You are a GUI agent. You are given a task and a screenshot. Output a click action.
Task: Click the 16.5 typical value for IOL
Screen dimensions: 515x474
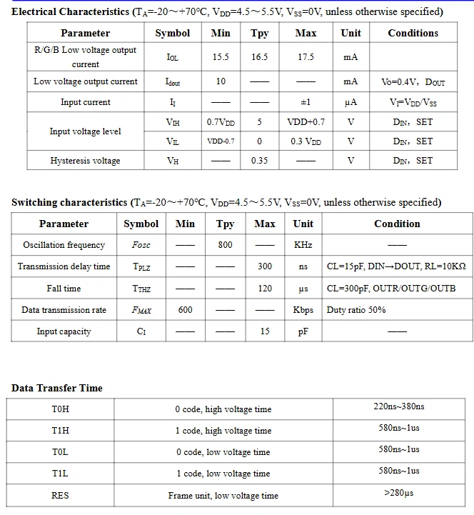pyautogui.click(x=259, y=57)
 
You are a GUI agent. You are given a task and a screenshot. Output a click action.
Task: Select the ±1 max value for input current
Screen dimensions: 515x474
pyautogui.click(x=305, y=102)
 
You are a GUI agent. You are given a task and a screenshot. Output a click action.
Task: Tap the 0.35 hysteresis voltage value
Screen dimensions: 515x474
pyautogui.click(x=259, y=161)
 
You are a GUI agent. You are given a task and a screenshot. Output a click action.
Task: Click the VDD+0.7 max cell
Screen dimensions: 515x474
pyautogui.click(x=306, y=122)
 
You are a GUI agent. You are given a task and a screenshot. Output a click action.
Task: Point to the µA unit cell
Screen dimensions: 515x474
pyautogui.click(x=351, y=102)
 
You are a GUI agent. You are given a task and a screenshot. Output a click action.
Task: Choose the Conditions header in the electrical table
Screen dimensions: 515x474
pyautogui.click(x=413, y=33)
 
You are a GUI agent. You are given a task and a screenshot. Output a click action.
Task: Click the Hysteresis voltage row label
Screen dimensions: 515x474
pyautogui.click(x=85, y=161)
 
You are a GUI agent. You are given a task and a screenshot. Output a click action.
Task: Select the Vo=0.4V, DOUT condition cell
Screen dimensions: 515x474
pyautogui.click(x=413, y=82)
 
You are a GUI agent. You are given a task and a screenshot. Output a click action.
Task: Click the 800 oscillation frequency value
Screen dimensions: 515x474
pyautogui.click(x=225, y=245)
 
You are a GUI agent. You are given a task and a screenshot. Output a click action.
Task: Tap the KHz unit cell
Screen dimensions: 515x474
pyautogui.click(x=303, y=245)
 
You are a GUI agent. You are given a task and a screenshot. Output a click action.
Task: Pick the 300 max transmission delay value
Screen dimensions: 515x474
pyautogui.click(x=264, y=266)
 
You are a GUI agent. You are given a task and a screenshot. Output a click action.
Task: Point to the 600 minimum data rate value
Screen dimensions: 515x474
pyautogui.click(x=185, y=310)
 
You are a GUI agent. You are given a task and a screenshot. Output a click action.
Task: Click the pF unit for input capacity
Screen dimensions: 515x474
pyautogui.click(x=303, y=331)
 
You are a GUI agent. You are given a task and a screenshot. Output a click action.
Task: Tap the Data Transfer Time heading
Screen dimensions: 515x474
pyautogui.click(x=56, y=388)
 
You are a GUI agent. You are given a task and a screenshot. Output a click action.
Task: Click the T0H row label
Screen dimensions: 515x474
pyautogui.click(x=60, y=409)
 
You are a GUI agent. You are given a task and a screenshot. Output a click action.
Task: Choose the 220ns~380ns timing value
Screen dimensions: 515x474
pyautogui.click(x=398, y=406)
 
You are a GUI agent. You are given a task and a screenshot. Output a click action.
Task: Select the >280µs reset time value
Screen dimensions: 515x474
pyautogui.click(x=398, y=493)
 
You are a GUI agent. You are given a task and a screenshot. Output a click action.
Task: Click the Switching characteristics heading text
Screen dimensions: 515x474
pyautogui.click(x=69, y=202)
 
